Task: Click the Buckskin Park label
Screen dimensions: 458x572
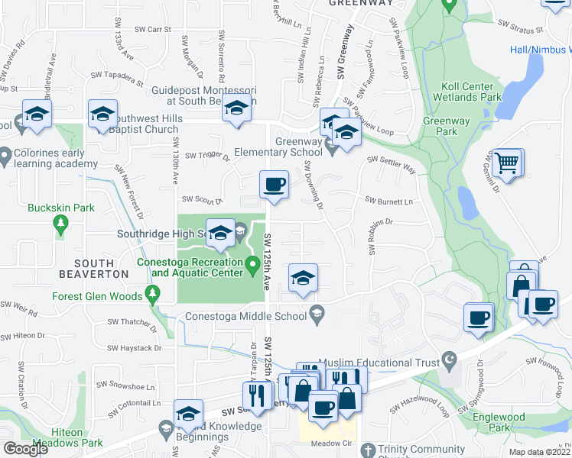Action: pyautogui.click(x=50, y=208)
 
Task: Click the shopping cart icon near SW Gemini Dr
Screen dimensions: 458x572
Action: pyautogui.click(x=507, y=163)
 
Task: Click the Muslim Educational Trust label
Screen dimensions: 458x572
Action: pyautogui.click(x=386, y=363)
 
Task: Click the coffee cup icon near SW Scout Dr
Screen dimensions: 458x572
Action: pyautogui.click(x=274, y=185)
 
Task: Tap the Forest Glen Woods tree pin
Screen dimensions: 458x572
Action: pyautogui.click(x=153, y=293)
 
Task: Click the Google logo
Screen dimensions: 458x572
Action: pyautogui.click(x=25, y=449)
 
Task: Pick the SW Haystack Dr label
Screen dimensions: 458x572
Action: pyautogui.click(x=135, y=348)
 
